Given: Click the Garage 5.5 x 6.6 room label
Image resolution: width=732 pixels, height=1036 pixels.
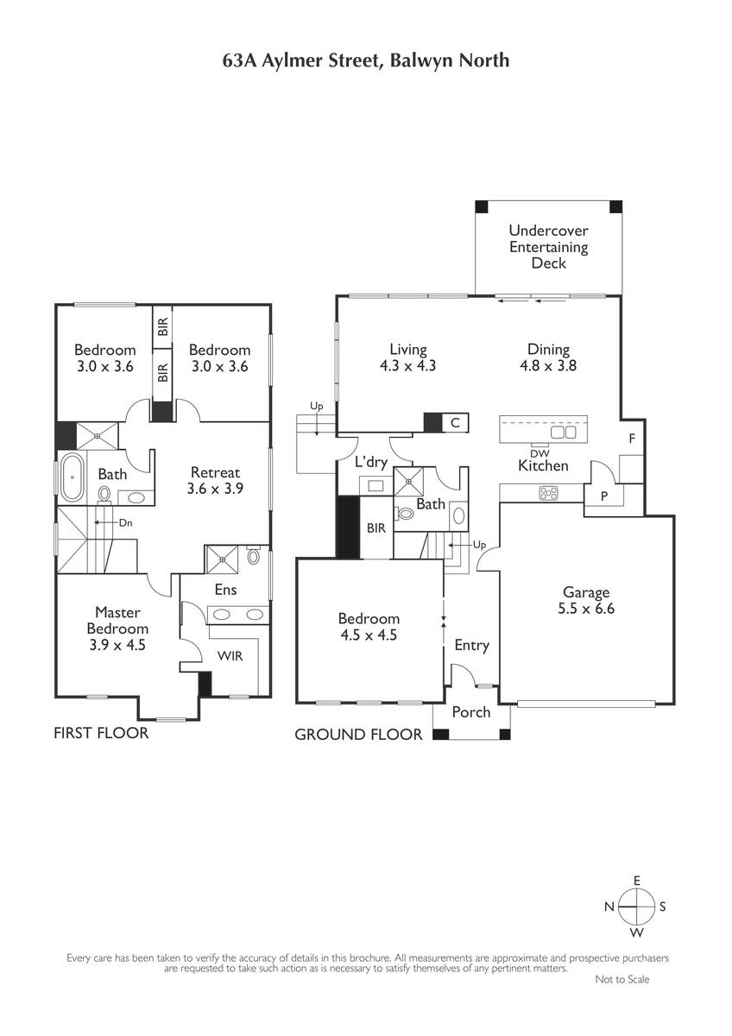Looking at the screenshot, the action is pyautogui.click(x=586, y=600).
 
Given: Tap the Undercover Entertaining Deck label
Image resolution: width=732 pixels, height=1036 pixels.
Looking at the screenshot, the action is pyautogui.click(x=548, y=247).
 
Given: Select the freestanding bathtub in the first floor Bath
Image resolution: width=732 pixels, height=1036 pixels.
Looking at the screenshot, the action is pyautogui.click(x=73, y=477).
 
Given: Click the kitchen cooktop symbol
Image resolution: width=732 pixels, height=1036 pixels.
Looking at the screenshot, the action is pyautogui.click(x=548, y=493).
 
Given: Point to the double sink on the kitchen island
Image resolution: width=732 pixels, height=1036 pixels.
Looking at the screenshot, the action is pyautogui.click(x=563, y=433).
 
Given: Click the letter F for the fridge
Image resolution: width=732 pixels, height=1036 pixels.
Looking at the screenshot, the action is pyautogui.click(x=632, y=439).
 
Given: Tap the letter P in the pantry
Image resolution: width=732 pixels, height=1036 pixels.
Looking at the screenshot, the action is pyautogui.click(x=604, y=496).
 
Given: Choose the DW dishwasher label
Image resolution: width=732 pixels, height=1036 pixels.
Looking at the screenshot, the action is pyautogui.click(x=540, y=453).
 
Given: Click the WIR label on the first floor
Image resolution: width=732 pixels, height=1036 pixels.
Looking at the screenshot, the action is pyautogui.click(x=230, y=656).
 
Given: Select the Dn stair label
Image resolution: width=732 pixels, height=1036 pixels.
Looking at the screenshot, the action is pyautogui.click(x=126, y=522).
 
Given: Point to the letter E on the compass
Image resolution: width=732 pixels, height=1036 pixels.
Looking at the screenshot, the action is pyautogui.click(x=636, y=881).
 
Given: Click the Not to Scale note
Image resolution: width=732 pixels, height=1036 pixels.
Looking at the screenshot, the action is pyautogui.click(x=622, y=979).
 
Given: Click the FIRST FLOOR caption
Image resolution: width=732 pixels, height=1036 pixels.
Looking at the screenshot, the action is pyautogui.click(x=101, y=733).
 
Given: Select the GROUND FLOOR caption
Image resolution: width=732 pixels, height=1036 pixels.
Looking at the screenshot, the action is pyautogui.click(x=358, y=735).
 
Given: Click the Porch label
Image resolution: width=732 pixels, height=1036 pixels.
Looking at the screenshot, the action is pyautogui.click(x=471, y=712).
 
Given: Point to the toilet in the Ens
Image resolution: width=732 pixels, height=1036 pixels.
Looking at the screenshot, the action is pyautogui.click(x=253, y=554).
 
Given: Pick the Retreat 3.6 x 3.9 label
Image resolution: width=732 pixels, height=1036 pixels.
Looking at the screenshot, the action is pyautogui.click(x=215, y=480).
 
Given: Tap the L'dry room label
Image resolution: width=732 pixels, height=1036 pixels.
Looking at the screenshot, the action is pyautogui.click(x=371, y=462).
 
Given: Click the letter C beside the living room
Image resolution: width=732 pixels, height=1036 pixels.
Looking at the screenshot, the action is pyautogui.click(x=455, y=422).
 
